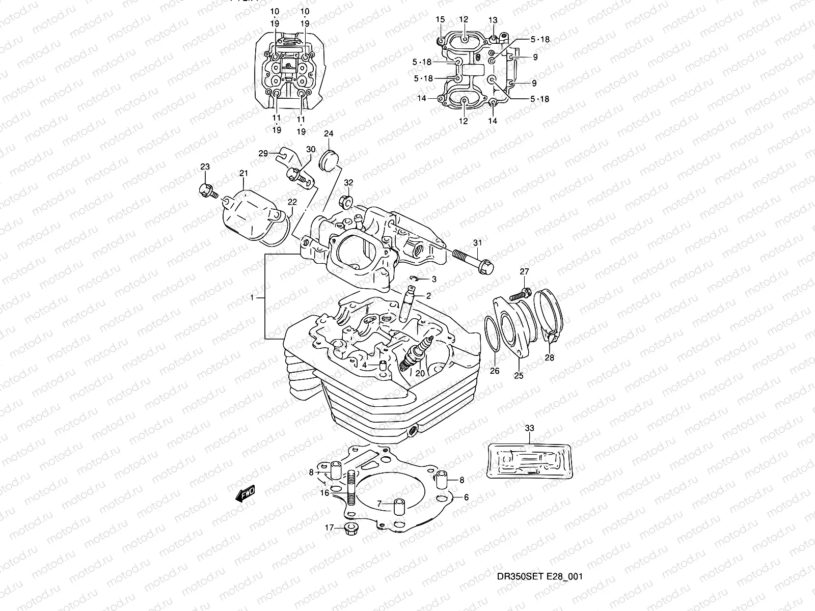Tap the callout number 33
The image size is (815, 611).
(530, 429)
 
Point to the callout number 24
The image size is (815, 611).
(329, 134)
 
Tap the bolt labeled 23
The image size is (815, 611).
(208, 191)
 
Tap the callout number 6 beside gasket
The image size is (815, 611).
(466, 497)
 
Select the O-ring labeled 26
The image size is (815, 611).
(492, 334)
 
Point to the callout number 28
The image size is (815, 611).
(549, 357)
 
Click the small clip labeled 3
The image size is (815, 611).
(417, 278)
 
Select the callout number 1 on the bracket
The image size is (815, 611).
(252, 297)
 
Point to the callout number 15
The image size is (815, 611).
(440, 19)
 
